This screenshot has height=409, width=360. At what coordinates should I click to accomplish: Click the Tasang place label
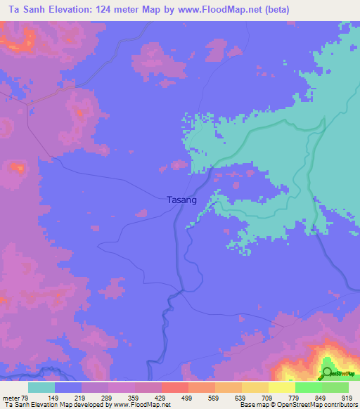tap(181, 200)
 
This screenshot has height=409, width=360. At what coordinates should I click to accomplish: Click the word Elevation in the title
tap(77, 10)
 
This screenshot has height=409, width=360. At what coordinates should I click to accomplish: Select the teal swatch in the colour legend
tap(41, 387)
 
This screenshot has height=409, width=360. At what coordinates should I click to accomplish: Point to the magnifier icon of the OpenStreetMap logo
tap(326, 373)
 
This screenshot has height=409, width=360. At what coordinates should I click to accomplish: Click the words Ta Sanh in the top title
tap(25, 10)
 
